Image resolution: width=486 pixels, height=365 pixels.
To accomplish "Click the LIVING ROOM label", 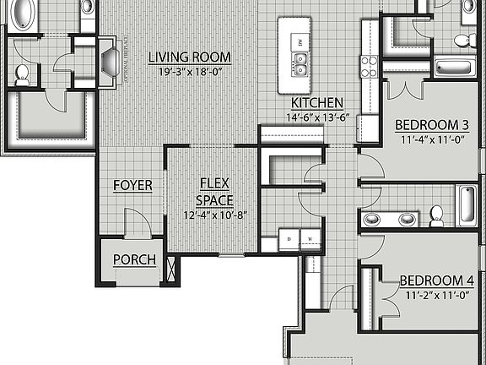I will click(x=189, y=57).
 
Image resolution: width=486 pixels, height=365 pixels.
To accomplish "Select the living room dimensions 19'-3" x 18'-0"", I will click(x=189, y=72).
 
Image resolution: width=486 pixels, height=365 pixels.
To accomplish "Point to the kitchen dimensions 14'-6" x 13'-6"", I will click(x=317, y=117).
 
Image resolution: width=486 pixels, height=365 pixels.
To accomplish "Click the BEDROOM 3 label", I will click(x=431, y=125).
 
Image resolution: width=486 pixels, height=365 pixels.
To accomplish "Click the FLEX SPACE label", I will click(x=209, y=192).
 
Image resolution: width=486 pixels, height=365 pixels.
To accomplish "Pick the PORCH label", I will click(x=134, y=259).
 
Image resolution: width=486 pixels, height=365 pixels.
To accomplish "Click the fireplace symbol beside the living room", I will click(x=110, y=61).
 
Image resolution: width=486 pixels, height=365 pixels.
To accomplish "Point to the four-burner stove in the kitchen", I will click(x=370, y=66).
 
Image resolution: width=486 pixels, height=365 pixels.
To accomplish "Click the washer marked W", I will click(x=310, y=239).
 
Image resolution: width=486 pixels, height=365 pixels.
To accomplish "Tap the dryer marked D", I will click(x=289, y=239).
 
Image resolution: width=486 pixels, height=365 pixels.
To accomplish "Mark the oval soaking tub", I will click(x=22, y=14).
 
